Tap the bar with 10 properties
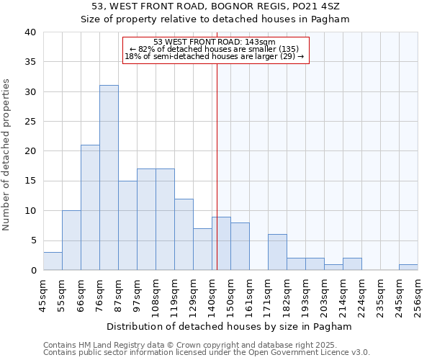coord(71,240)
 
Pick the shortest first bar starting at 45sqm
coord(53,261)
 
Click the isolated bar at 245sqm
coord(408,267)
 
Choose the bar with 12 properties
coord(184,235)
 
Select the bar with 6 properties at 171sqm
coord(277,253)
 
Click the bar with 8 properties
coord(240,246)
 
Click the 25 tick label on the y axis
coord(30,122)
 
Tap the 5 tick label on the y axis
coord(32,240)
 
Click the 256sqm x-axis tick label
coord(418,296)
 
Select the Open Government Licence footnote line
coord(206,353)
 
